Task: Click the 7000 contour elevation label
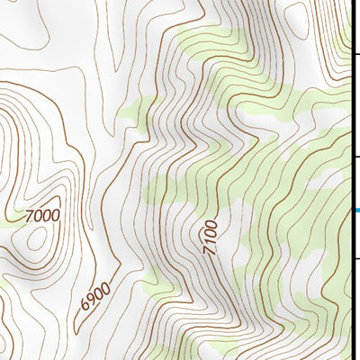coord(41,215)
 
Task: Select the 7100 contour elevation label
coord(211,236)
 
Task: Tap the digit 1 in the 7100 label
coord(211,242)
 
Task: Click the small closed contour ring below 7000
coord(38,238)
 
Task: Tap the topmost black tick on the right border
coord(355,87)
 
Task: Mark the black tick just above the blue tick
coord(355,157)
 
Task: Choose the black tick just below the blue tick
coord(355,257)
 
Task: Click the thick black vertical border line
coord(350,180)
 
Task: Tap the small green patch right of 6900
coord(161,286)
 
